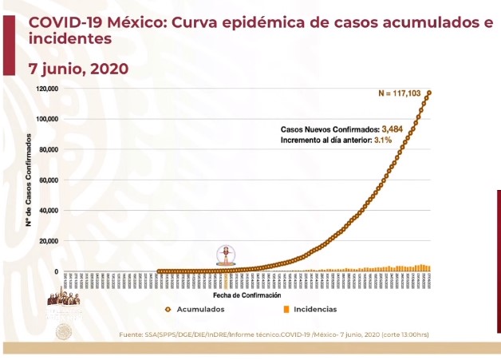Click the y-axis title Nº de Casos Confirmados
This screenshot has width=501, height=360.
pyautogui.click(x=28, y=180)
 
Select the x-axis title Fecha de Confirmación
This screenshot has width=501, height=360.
pyautogui.click(x=253, y=295)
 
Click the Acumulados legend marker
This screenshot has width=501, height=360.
pyautogui.click(x=168, y=309)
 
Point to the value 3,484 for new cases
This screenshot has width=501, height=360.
pyautogui.click(x=394, y=129)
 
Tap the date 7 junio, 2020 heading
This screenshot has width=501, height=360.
pyautogui.click(x=78, y=69)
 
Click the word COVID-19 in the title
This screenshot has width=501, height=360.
pyautogui.click(x=59, y=23)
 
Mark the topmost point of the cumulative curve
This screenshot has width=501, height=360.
pyautogui.click(x=429, y=93)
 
